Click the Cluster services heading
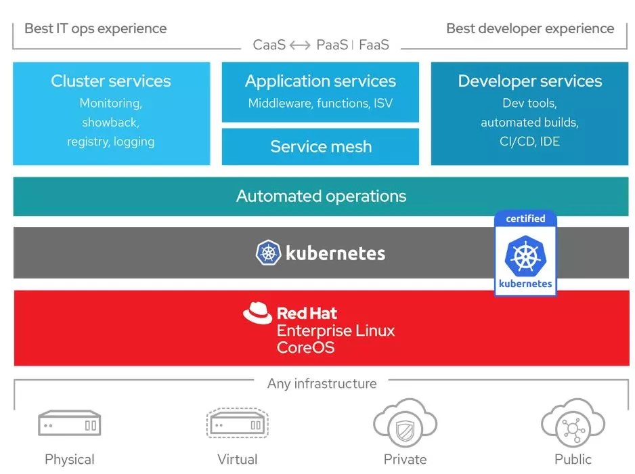(x=111, y=81)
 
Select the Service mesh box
(x=321, y=146)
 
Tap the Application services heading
(x=321, y=81)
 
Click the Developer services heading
(x=530, y=81)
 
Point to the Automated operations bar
(x=321, y=196)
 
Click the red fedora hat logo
(x=257, y=314)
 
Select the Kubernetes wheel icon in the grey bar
(x=268, y=253)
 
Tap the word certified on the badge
(x=525, y=219)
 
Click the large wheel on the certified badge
(x=525, y=256)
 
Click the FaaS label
(x=374, y=45)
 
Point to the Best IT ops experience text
(x=95, y=28)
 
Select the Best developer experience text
(x=530, y=28)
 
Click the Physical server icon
(x=69, y=425)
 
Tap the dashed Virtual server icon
(x=237, y=425)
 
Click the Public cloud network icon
(x=573, y=425)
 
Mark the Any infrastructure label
(x=322, y=383)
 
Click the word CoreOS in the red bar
(x=305, y=348)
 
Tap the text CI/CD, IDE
(x=530, y=142)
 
